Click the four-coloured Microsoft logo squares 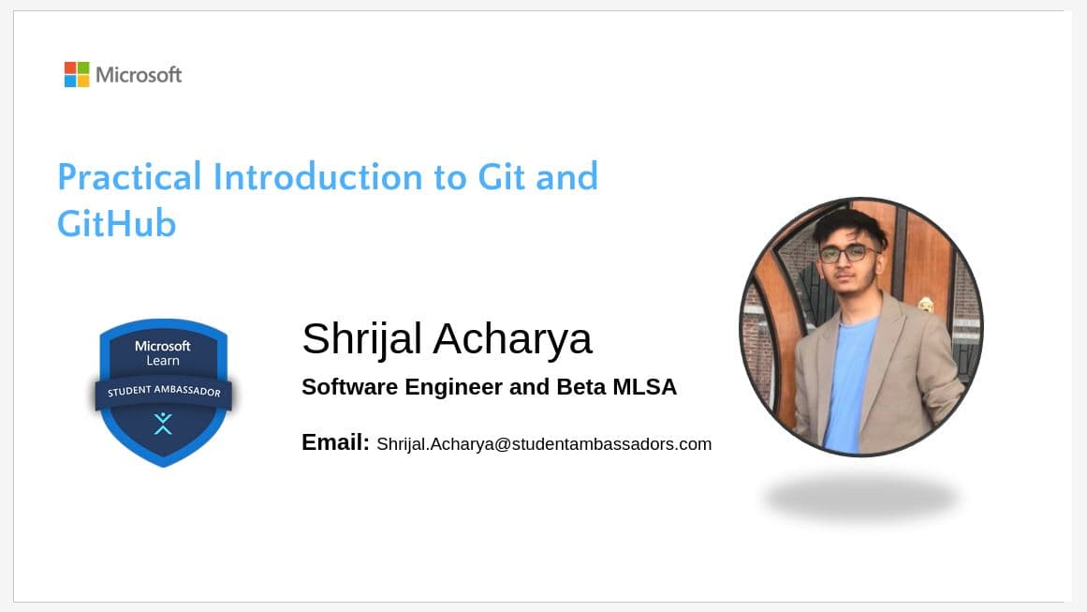click(77, 74)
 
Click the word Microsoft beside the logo click(139, 75)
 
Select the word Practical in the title click(129, 177)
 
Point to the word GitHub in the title click(116, 225)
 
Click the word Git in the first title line click(502, 177)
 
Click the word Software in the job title click(346, 387)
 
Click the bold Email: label click(335, 442)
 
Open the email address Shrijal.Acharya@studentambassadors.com click(544, 444)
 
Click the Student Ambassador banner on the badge click(164, 392)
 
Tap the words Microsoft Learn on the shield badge click(163, 352)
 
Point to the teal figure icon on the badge click(163, 424)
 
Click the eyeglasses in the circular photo click(847, 253)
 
